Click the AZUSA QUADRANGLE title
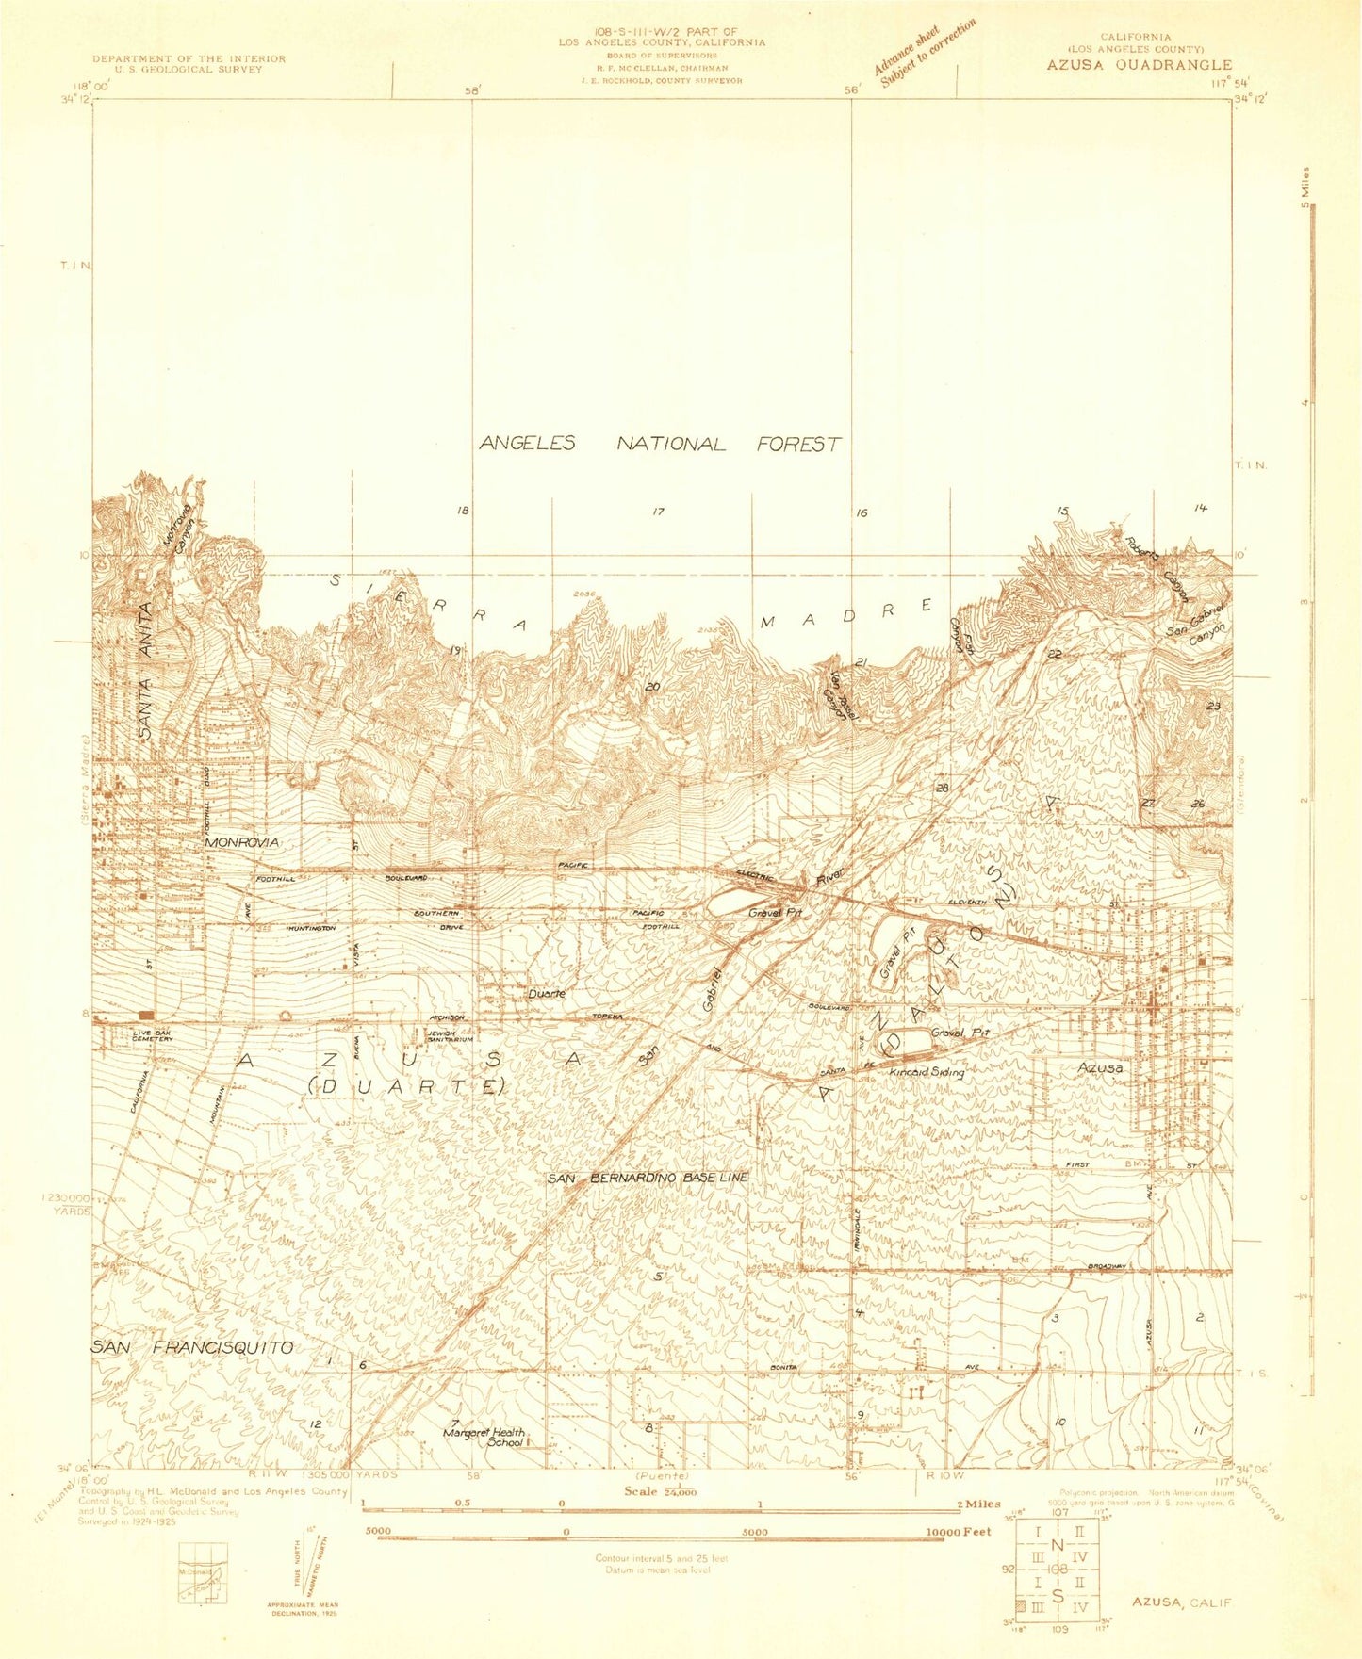coord(1138,65)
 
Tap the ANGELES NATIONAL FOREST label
coord(660,444)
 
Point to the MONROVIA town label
coord(242,841)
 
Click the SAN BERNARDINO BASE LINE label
coord(648,1178)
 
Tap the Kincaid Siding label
coord(927,1072)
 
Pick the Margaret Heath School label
coord(484,1437)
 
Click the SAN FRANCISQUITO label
coord(192,1348)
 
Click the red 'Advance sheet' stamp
coord(923,54)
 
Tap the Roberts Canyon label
coord(1157,569)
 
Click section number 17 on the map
coord(658,512)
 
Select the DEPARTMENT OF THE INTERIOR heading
coord(189,58)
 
